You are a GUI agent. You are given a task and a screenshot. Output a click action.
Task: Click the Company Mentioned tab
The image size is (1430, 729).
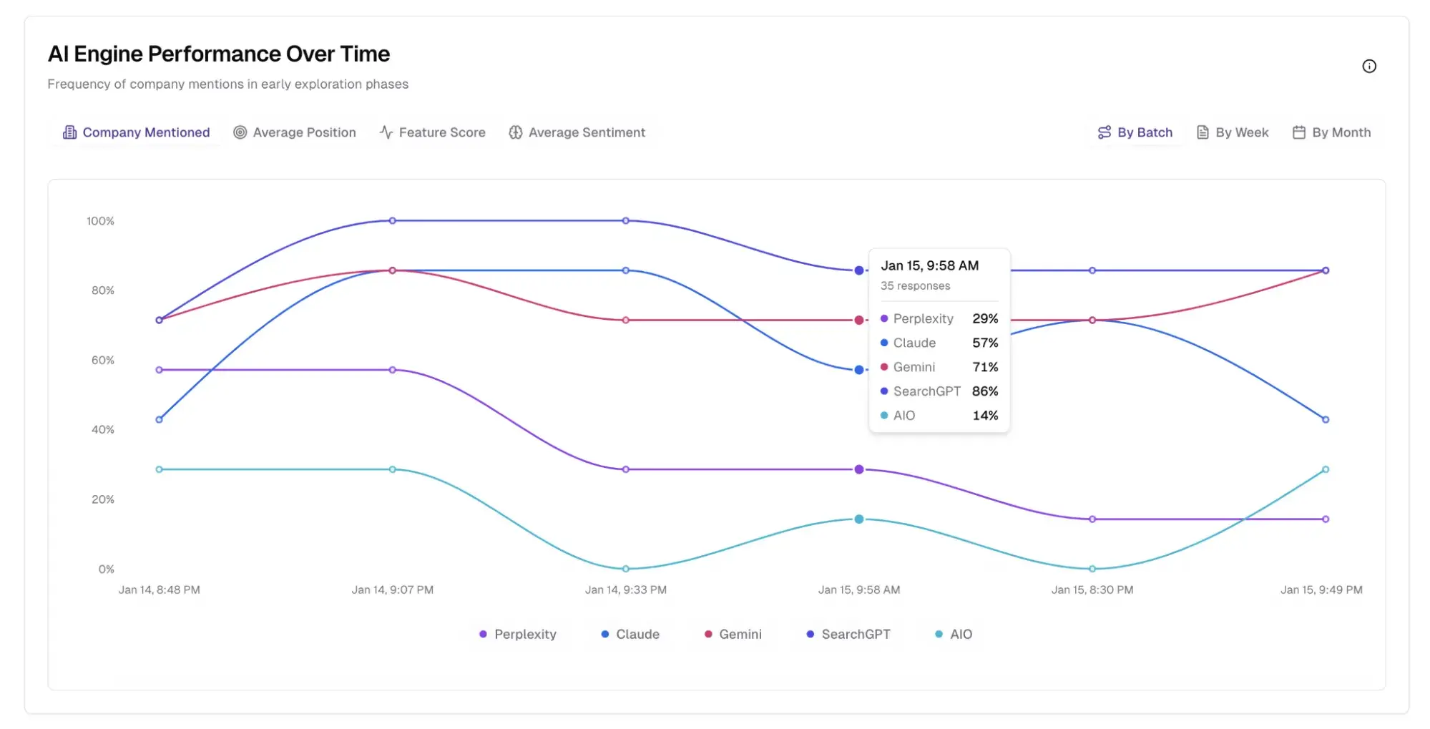coord(137,132)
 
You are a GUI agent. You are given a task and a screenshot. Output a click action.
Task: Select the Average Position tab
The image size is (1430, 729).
coord(295,132)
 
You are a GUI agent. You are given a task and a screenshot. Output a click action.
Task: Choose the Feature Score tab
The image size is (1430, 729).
coord(432,132)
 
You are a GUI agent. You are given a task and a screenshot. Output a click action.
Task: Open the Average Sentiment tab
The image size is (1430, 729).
coord(577,132)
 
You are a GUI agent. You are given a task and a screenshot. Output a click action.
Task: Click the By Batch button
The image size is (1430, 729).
coord(1135,132)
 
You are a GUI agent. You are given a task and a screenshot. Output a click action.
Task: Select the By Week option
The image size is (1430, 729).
coord(1233,132)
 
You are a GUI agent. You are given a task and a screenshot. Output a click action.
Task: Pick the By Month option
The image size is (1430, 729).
coord(1331,132)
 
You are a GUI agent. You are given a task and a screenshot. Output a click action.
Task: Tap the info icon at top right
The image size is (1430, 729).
coord(1368,67)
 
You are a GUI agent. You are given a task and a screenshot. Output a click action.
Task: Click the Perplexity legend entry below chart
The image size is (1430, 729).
coord(517,634)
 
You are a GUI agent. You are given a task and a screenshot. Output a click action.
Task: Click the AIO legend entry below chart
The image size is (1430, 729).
coord(954,634)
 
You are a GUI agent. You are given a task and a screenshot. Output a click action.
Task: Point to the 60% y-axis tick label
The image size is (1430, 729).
coord(102,360)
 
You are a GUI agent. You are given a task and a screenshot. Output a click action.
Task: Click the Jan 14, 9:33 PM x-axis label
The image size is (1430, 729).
coord(625,589)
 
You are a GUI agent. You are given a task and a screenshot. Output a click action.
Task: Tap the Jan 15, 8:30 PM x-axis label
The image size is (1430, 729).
coord(1092,589)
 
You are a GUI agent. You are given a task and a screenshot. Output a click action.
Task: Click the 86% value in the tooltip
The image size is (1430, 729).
coord(984,391)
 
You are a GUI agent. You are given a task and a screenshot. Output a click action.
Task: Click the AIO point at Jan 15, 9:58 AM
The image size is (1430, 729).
coord(858,519)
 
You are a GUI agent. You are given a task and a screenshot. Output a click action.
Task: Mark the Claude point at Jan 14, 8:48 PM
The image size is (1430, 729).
coord(159,419)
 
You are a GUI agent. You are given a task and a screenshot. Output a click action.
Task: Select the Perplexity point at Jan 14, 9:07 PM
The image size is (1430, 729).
coord(392,370)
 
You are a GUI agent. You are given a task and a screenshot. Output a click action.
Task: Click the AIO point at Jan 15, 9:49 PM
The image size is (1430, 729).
coord(1325,469)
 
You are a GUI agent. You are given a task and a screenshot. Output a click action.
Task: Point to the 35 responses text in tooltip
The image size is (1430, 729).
coord(915,285)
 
